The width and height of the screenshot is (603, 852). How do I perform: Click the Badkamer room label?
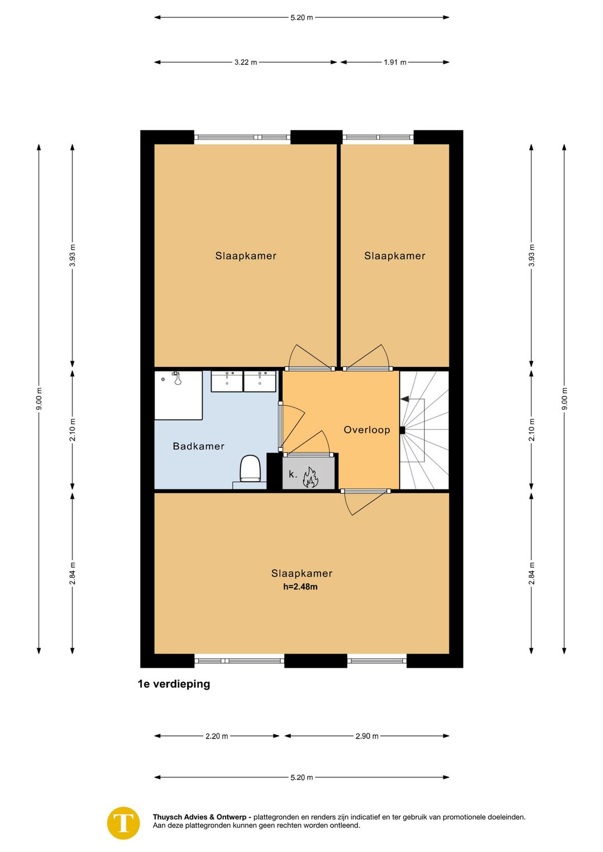pyautogui.click(x=198, y=446)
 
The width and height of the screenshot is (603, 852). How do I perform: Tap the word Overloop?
pyautogui.click(x=367, y=430)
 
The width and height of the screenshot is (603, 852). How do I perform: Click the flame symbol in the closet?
pyautogui.click(x=310, y=478)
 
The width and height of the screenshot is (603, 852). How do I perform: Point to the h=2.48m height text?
pyautogui.click(x=300, y=586)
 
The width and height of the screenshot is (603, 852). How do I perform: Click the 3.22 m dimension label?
pyautogui.click(x=245, y=63)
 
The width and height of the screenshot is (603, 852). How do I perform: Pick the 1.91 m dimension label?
pyautogui.click(x=395, y=63)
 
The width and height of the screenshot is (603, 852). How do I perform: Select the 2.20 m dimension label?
pyautogui.click(x=217, y=736)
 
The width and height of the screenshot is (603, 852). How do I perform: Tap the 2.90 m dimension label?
pyautogui.click(x=367, y=736)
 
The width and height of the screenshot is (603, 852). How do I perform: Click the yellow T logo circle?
pyautogui.click(x=123, y=823)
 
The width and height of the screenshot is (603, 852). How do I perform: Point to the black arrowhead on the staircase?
pyautogui.click(x=404, y=399)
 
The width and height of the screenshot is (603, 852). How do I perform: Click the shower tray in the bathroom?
pyautogui.click(x=178, y=395)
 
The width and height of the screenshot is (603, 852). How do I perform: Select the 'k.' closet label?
pyautogui.click(x=293, y=474)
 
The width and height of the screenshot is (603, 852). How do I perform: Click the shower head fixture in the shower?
pyautogui.click(x=177, y=379)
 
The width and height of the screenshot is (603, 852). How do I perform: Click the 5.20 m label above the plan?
pyautogui.click(x=301, y=17)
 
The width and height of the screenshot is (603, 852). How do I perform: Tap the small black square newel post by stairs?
pyautogui.click(x=402, y=430)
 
